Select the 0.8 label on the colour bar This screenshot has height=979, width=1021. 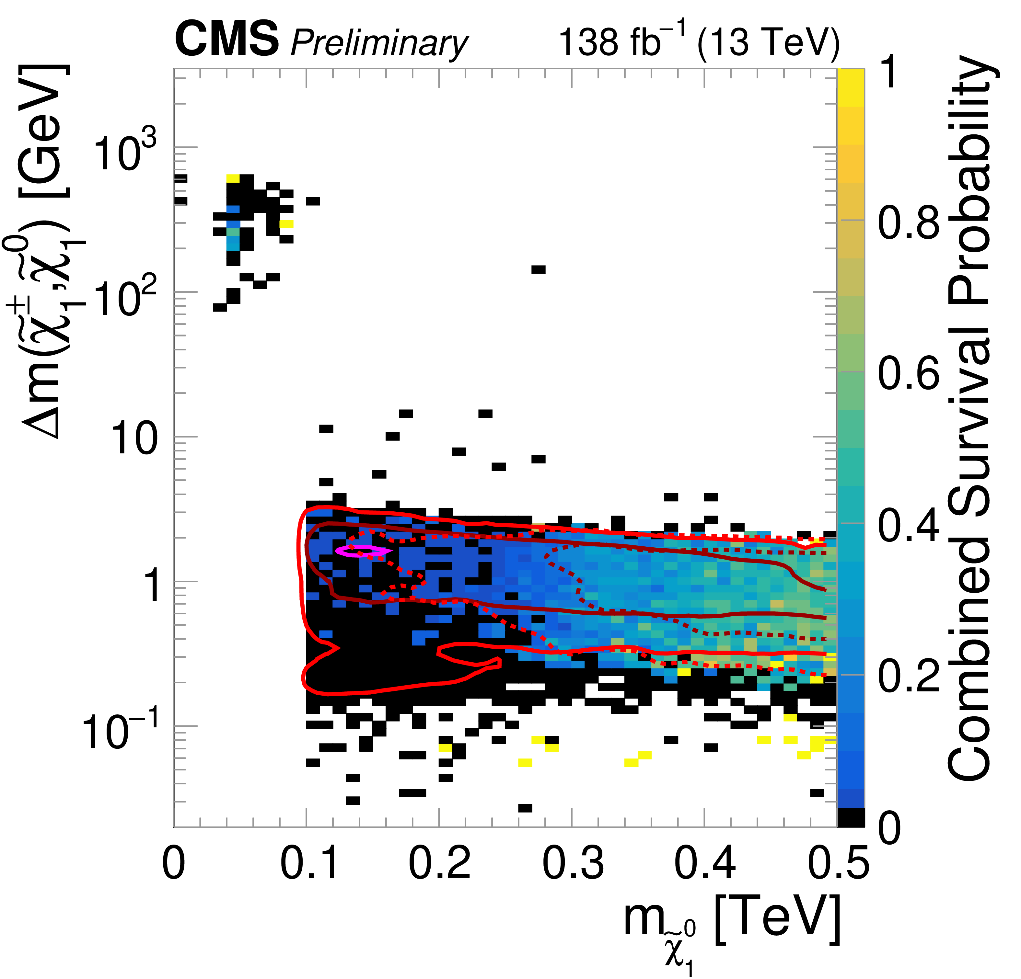pos(909,222)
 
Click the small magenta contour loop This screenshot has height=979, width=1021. pos(362,551)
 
